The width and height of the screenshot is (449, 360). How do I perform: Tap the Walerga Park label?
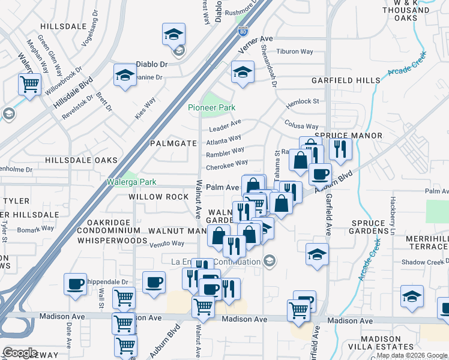[131, 182]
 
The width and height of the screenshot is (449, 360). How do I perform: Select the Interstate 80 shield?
[243, 31]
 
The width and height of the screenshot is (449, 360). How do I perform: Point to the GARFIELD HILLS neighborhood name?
[345, 80]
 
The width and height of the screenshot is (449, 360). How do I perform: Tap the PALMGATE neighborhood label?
[173, 143]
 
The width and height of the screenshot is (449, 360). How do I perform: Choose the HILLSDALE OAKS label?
[80, 160]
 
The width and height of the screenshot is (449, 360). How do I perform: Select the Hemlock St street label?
[303, 102]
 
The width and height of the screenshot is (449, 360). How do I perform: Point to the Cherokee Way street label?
[227, 163]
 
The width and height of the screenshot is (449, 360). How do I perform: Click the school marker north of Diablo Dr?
[173, 35]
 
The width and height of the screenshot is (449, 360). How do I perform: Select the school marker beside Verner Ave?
[243, 72]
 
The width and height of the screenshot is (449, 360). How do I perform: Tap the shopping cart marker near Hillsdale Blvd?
[29, 84]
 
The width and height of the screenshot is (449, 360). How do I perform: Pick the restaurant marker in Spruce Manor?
[340, 149]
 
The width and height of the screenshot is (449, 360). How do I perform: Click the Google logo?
[20, 352]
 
